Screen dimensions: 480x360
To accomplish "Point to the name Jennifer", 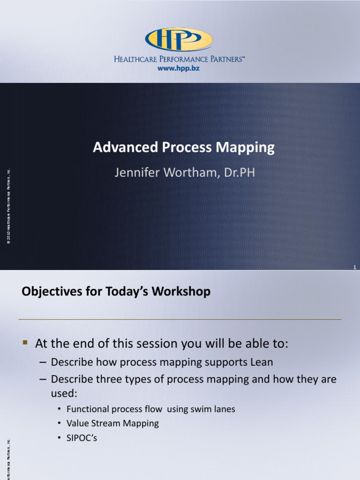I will (x=136, y=172).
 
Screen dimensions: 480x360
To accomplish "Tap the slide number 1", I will (x=355, y=267).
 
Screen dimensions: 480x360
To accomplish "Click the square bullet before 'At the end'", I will (x=26, y=344).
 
